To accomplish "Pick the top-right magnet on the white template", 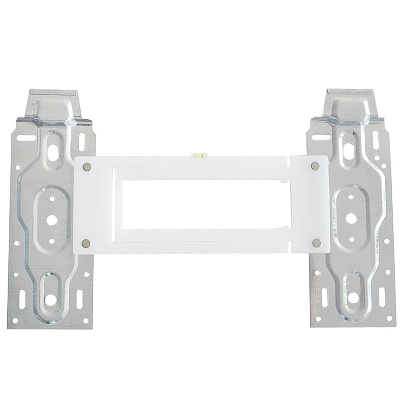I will point(316,166).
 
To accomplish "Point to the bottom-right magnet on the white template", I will point(316,243).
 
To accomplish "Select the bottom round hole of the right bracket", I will point(353,298).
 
